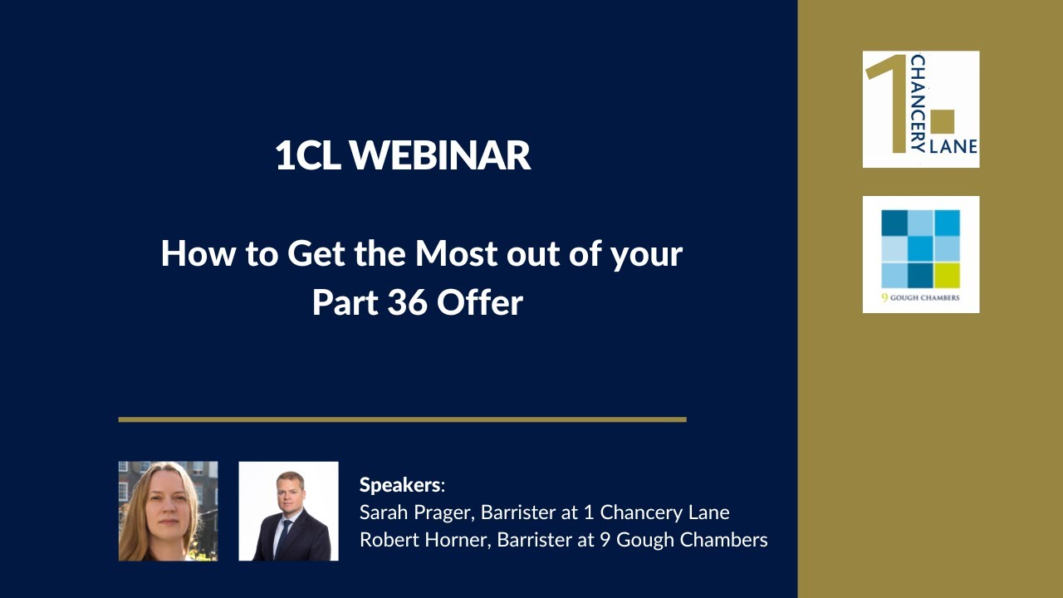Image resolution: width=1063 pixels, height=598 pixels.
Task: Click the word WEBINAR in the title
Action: [440, 155]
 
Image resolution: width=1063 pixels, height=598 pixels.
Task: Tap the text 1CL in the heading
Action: [307, 155]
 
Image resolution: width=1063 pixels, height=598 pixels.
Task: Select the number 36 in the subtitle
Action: [407, 302]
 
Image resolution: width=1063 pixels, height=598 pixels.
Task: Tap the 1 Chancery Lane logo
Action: [921, 109]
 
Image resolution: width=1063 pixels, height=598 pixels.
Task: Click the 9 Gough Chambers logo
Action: [921, 254]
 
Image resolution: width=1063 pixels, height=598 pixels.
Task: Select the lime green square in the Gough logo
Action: [947, 275]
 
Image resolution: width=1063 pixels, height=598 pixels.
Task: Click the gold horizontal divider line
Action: [402, 419]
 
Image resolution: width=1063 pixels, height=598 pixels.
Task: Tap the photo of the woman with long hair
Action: [168, 511]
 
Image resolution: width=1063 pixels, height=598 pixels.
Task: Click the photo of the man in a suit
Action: [288, 511]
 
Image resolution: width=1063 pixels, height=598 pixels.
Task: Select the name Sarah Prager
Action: [408, 512]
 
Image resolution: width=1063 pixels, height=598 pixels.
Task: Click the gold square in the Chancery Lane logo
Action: [943, 121]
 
